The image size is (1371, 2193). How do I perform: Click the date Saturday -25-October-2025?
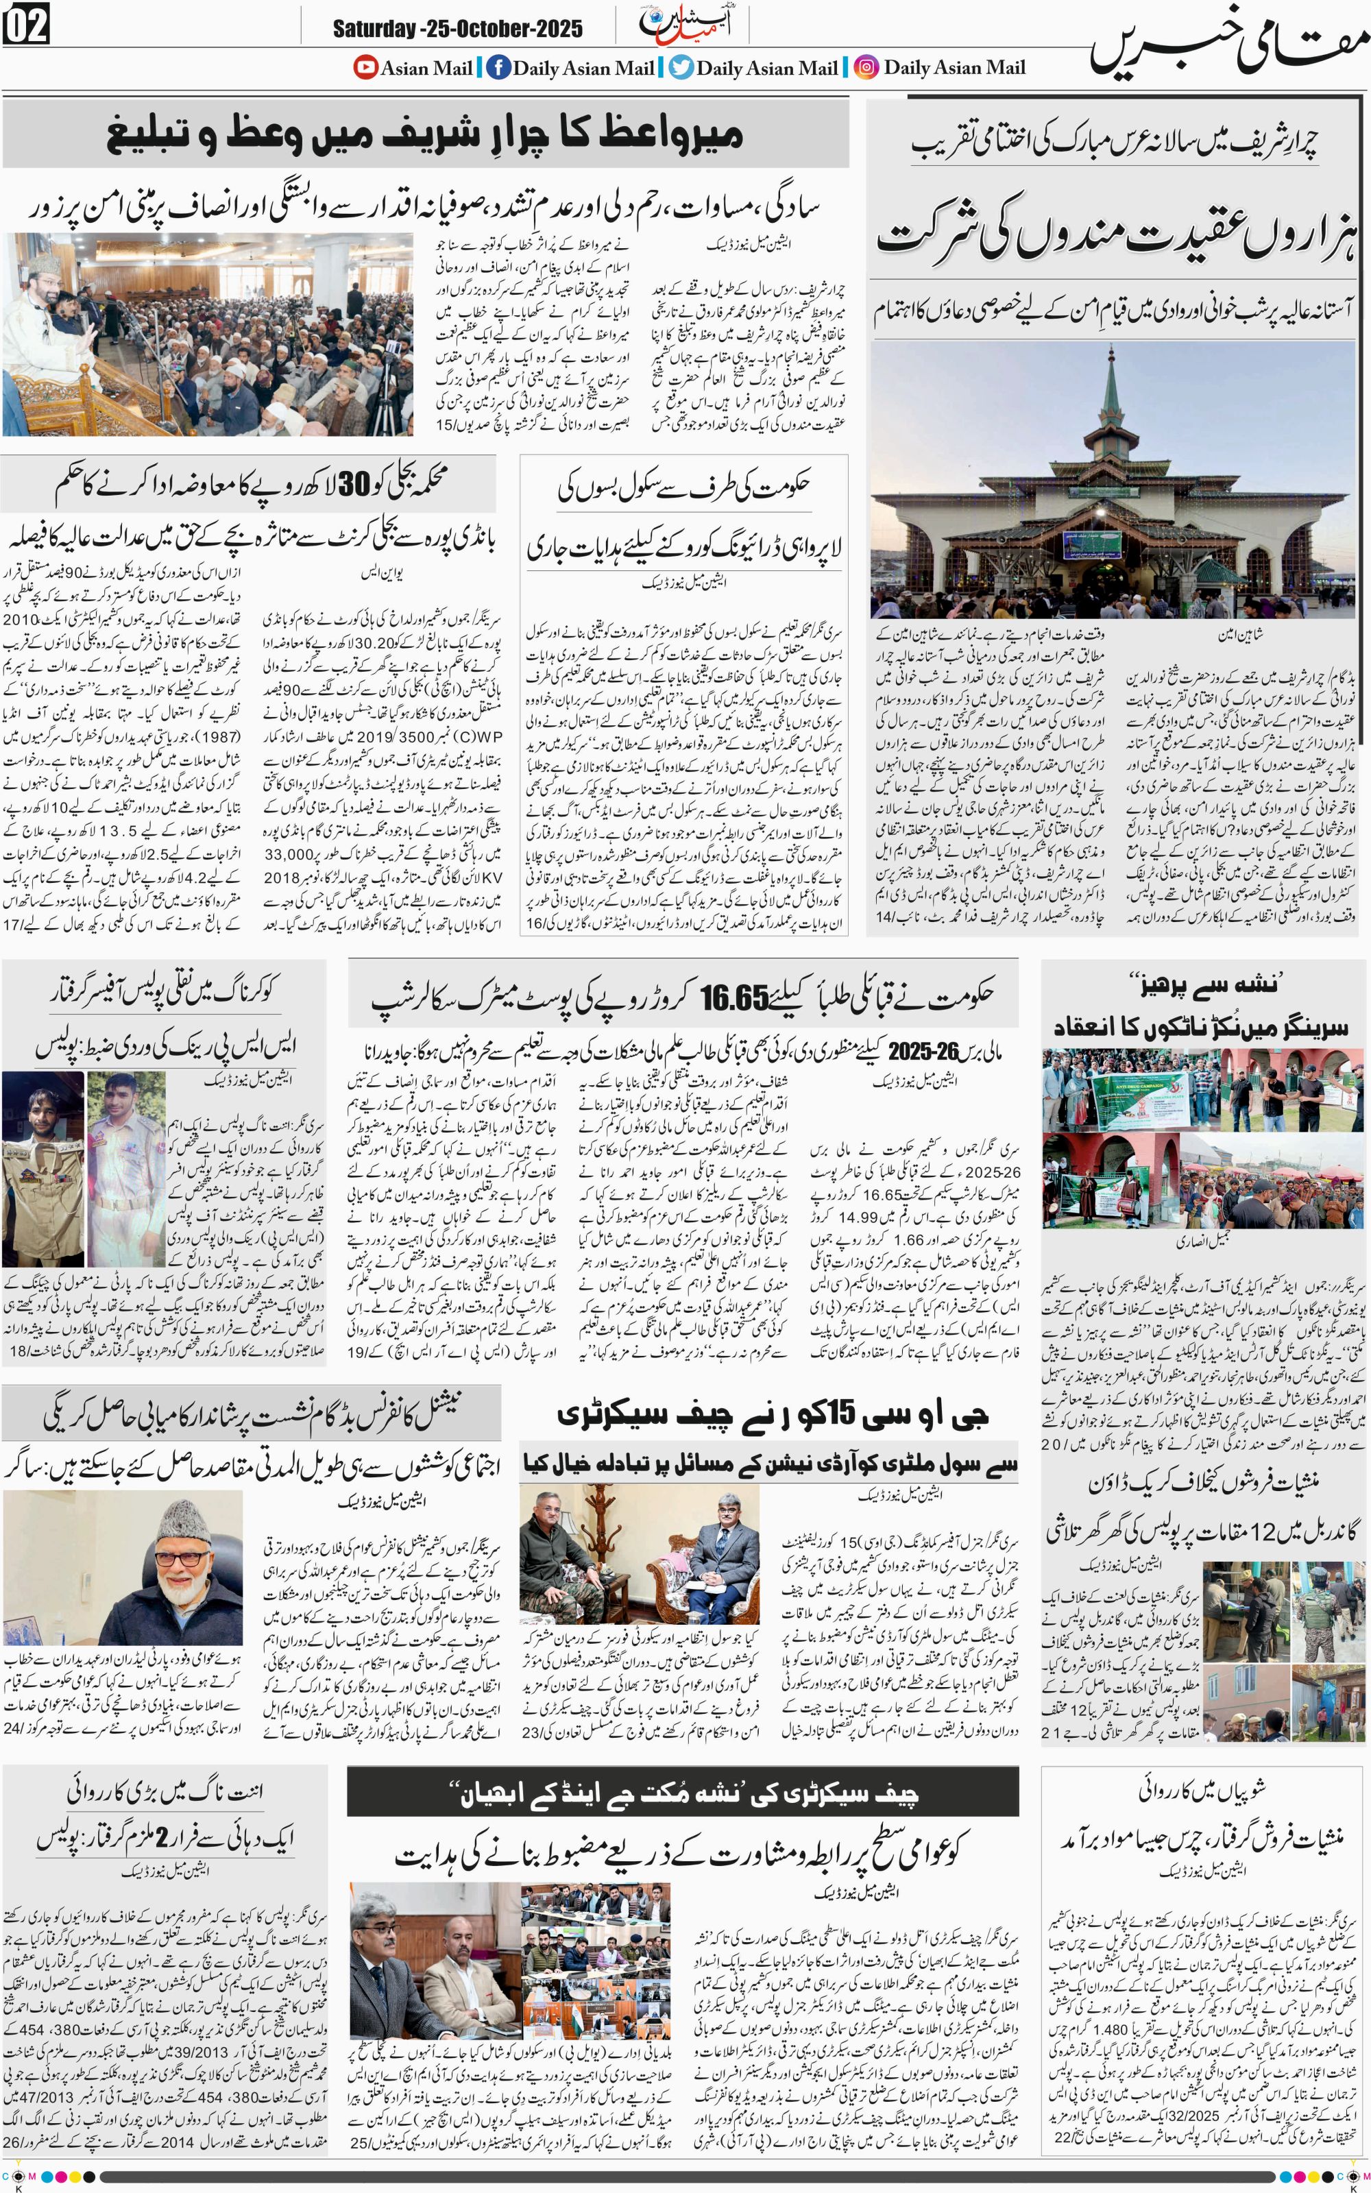(x=457, y=28)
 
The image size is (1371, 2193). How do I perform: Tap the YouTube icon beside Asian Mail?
(x=365, y=67)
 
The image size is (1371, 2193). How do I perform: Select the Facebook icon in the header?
(x=498, y=67)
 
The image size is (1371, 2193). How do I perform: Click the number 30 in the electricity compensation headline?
(x=353, y=486)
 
